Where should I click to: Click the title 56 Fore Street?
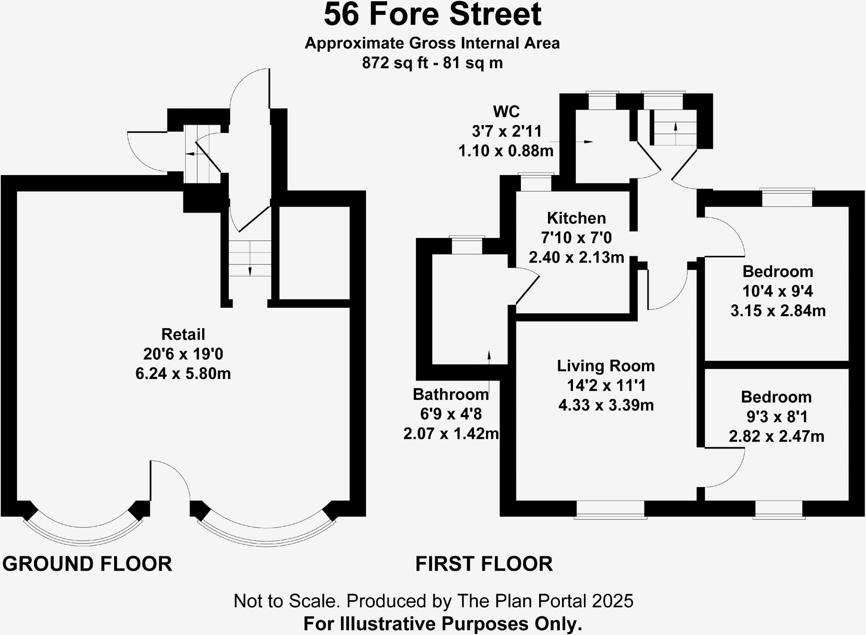point(432,15)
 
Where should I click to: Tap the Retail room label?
point(183,334)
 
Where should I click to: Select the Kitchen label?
point(576,218)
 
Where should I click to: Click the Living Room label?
point(606,366)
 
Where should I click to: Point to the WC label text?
point(506,112)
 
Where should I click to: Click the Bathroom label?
point(451,394)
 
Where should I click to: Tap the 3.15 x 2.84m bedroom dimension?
point(778,311)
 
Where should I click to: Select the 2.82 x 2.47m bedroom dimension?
point(776,436)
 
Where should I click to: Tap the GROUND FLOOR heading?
point(87,564)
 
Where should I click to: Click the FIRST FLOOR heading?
point(484,564)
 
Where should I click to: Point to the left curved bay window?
point(83,535)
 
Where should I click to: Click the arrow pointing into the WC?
point(587,142)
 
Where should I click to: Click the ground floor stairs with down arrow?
point(249,259)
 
